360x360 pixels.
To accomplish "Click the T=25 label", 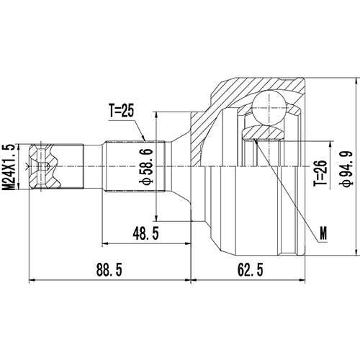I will (x=123, y=112).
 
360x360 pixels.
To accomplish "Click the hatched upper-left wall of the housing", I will (x=216, y=108).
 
